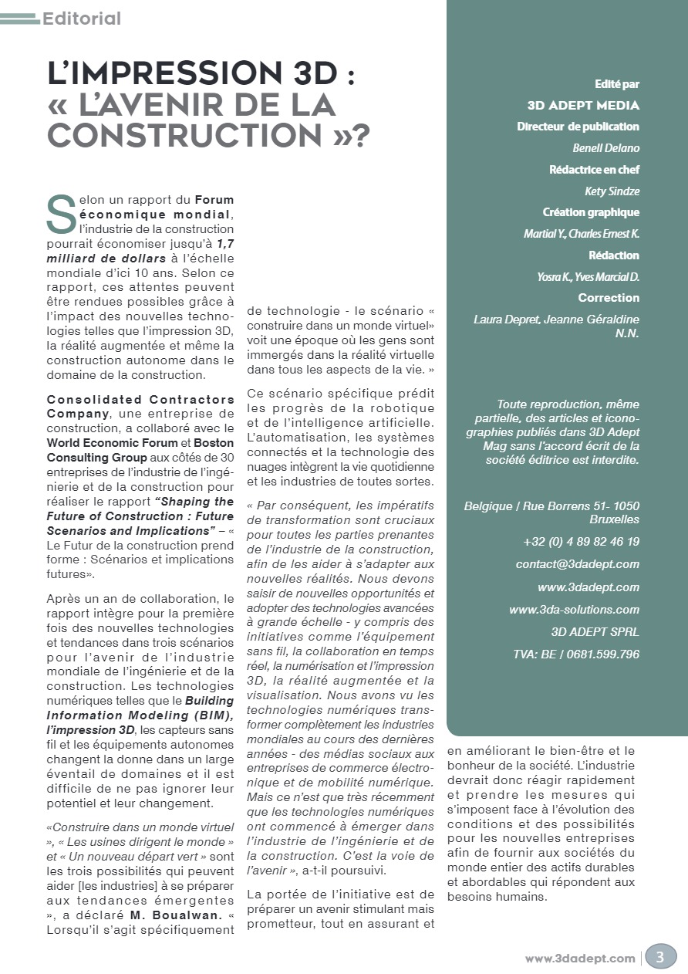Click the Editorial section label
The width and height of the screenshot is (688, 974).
[x=82, y=18]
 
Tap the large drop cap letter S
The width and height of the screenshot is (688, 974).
[x=61, y=214]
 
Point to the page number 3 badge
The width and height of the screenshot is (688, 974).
[x=660, y=958]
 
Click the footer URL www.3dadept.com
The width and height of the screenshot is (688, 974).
[x=580, y=959]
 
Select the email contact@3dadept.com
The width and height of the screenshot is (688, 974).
[x=577, y=564]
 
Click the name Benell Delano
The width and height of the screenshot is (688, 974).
[x=605, y=147]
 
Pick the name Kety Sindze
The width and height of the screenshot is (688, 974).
[x=612, y=191]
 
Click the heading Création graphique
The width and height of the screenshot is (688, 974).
[x=591, y=212]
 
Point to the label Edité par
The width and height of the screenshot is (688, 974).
[x=616, y=84]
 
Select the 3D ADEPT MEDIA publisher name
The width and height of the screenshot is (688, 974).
[x=583, y=106]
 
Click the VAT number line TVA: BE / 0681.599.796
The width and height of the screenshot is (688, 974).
[x=575, y=654]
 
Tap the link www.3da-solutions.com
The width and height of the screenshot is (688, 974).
[x=574, y=610]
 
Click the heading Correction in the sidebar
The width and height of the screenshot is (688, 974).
[x=609, y=297]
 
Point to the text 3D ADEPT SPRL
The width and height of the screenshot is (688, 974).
[x=595, y=632]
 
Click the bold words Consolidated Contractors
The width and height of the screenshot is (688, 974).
[x=140, y=399]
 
